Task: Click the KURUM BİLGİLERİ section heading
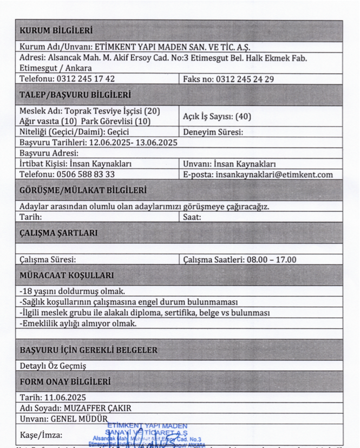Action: click(x=56, y=30)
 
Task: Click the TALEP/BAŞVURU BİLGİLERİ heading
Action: click(x=75, y=95)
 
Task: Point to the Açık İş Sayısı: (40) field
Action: click(x=217, y=116)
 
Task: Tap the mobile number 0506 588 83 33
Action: click(x=86, y=174)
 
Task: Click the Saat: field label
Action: click(x=192, y=217)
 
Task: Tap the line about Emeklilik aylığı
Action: click(x=78, y=323)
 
